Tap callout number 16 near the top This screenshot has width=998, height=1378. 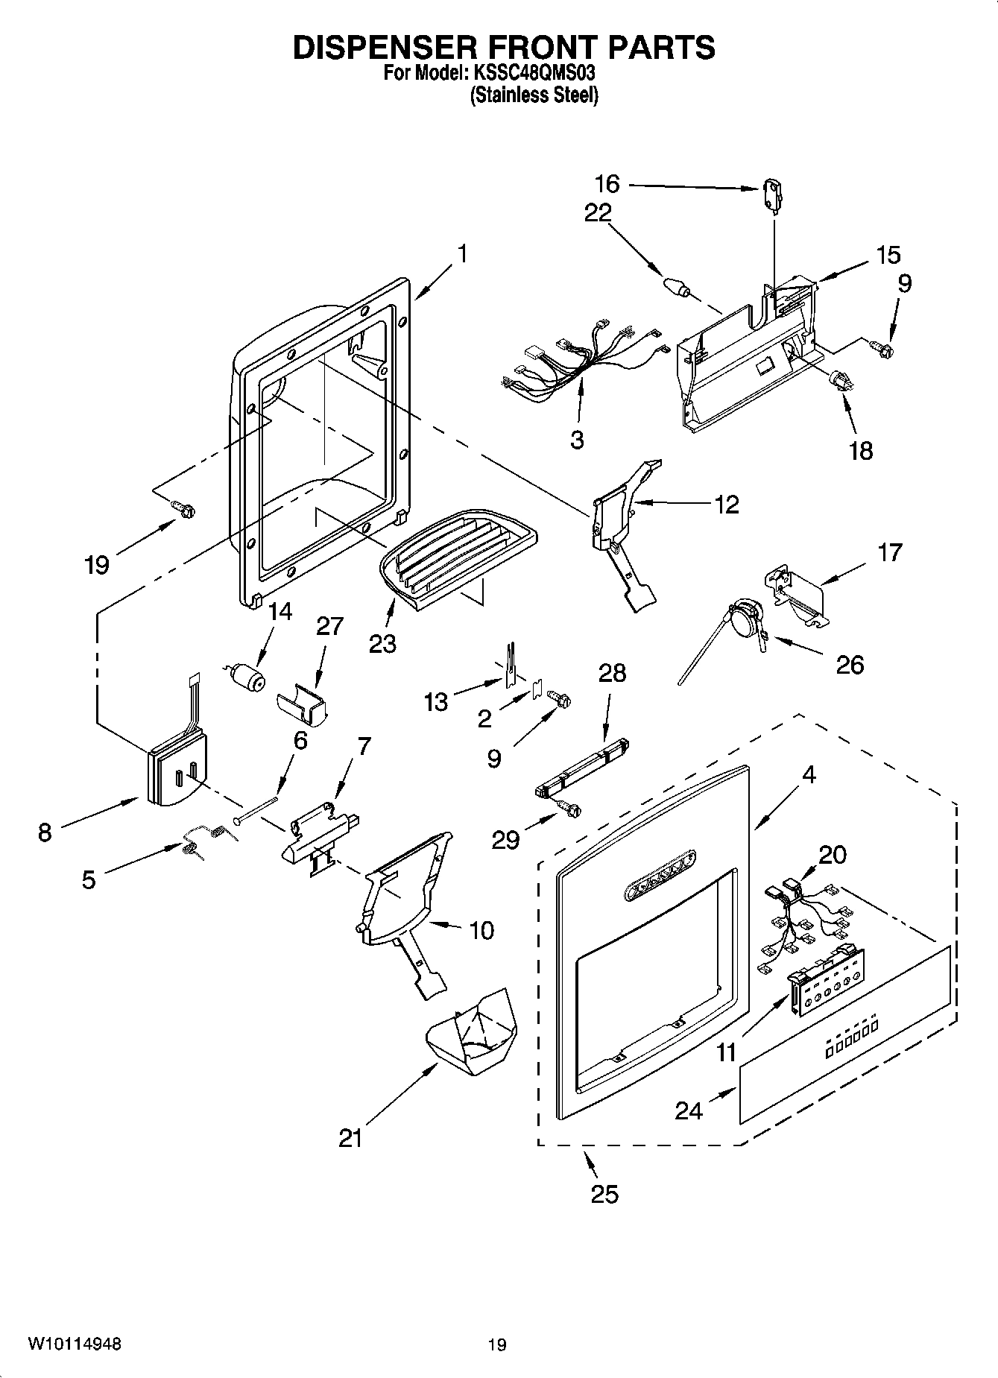point(607,183)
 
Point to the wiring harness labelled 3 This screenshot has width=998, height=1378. point(581,358)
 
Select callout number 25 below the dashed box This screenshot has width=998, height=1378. point(604,1194)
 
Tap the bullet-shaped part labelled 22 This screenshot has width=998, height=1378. point(675,286)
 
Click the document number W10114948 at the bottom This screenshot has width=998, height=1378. point(75,1344)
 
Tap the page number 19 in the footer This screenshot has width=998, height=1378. point(497,1345)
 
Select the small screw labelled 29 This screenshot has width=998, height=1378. point(569,806)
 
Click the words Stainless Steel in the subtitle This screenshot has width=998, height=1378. point(534,95)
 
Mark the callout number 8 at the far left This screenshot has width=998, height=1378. point(45,832)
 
